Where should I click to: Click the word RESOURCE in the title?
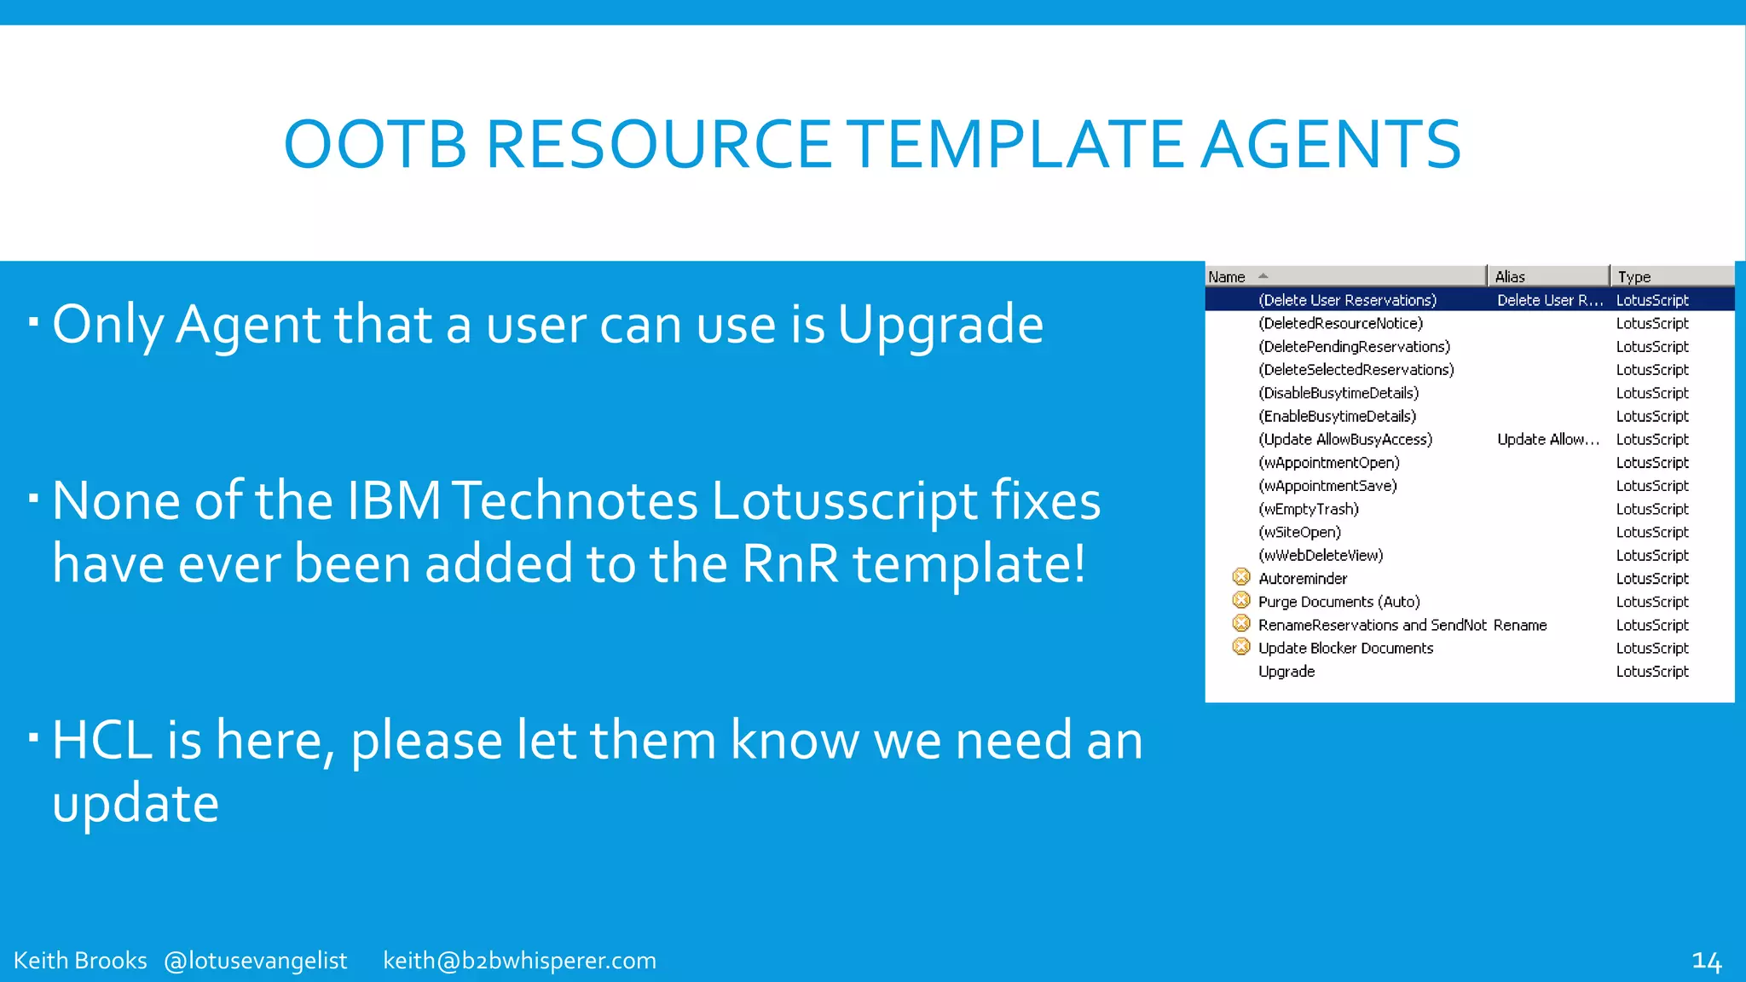tap(658, 144)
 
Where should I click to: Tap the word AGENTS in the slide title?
tap(1331, 144)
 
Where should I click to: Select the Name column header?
tap(1227, 277)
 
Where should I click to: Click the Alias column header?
tap(1510, 277)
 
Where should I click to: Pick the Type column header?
tap(1634, 277)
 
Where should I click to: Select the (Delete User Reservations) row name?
tap(1347, 300)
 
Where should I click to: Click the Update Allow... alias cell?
tap(1548, 440)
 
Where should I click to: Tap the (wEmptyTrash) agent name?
tap(1309, 509)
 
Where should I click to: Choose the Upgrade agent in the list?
tap(1286, 672)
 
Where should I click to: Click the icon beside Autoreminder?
tap(1241, 578)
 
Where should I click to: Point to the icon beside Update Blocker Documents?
tap(1241, 647)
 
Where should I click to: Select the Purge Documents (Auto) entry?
tap(1338, 602)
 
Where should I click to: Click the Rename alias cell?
tap(1520, 625)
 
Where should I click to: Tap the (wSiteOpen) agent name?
tap(1299, 532)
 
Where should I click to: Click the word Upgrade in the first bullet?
tap(940, 326)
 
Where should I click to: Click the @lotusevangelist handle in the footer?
tap(256, 961)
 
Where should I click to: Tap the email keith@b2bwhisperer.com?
tap(520, 961)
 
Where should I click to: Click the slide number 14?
tap(1707, 962)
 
